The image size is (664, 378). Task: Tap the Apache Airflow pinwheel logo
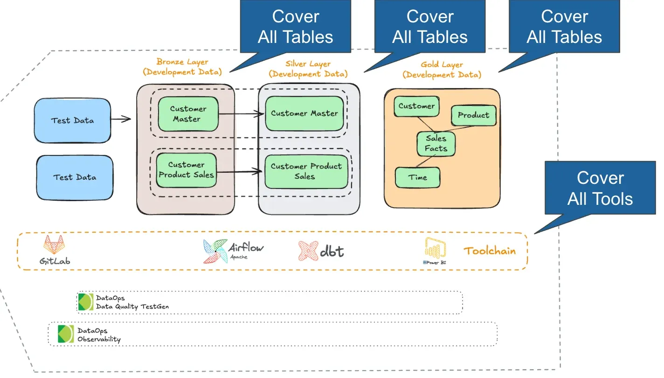[x=215, y=251]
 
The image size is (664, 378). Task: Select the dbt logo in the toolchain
[x=308, y=251]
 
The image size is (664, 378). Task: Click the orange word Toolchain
[x=490, y=251]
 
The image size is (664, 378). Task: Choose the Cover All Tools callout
[x=600, y=188]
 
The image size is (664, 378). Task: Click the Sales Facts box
[x=436, y=144]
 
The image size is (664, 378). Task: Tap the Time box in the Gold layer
[x=418, y=177]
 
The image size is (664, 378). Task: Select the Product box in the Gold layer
[x=473, y=115]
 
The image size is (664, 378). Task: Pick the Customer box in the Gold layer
[x=416, y=106]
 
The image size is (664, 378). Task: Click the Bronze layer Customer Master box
[x=188, y=114]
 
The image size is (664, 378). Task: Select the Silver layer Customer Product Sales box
[x=306, y=171]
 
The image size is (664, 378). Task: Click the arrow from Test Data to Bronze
[x=120, y=119]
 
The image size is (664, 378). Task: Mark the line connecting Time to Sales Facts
[x=423, y=161]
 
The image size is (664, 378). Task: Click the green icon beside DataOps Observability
[x=66, y=334]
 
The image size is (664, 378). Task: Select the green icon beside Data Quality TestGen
[x=85, y=302]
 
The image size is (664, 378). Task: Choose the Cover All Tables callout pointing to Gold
[x=564, y=27]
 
